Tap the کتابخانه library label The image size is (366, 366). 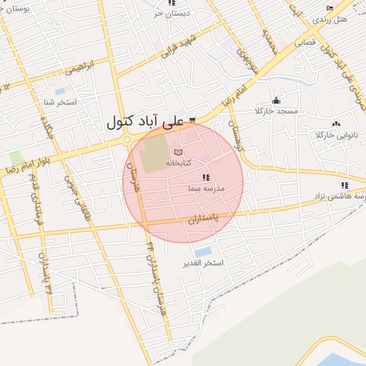click(179, 163)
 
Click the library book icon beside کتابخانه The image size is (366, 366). click(178, 152)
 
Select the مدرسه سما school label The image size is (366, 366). click(207, 187)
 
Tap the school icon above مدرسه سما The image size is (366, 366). click(206, 177)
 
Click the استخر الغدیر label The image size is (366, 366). click(204, 263)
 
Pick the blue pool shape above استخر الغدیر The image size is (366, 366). click(203, 252)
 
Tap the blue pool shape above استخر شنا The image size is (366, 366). click(59, 91)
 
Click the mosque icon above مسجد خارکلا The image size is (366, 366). click(277, 100)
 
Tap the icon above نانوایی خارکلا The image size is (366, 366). click(336, 124)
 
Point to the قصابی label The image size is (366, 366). click(310, 42)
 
